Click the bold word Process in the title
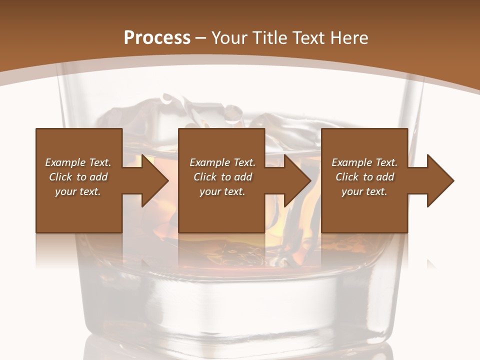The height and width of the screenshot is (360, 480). point(157,38)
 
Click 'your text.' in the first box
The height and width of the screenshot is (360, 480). point(78,191)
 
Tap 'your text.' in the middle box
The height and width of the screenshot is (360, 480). point(222,191)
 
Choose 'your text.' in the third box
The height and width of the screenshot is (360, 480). point(364,191)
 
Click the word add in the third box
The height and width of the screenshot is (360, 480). point(385,177)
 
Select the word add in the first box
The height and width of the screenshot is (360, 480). point(98,177)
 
